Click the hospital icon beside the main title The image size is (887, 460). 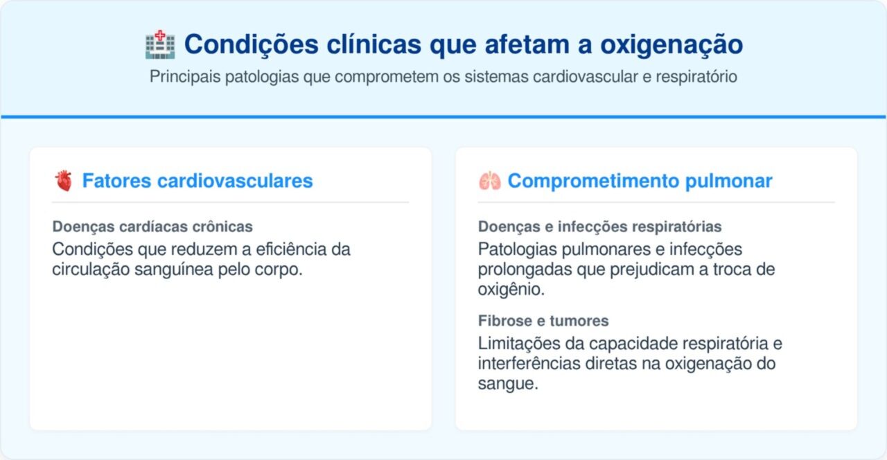(160, 45)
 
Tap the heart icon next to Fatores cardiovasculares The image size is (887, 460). (63, 182)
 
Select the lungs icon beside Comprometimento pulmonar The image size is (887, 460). (489, 182)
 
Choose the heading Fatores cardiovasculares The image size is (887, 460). (197, 182)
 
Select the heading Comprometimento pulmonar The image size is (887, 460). (640, 182)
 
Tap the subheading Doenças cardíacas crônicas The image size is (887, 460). (152, 227)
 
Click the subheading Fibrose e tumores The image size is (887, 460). (543, 321)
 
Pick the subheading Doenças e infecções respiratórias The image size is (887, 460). (599, 227)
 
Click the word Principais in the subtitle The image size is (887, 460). (184, 77)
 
